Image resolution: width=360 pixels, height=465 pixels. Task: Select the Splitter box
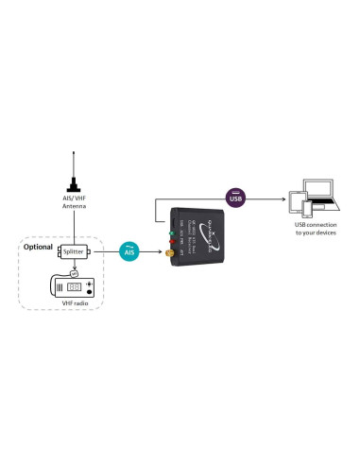coord(73,252)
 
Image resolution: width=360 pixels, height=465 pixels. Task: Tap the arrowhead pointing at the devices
coord(283,198)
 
